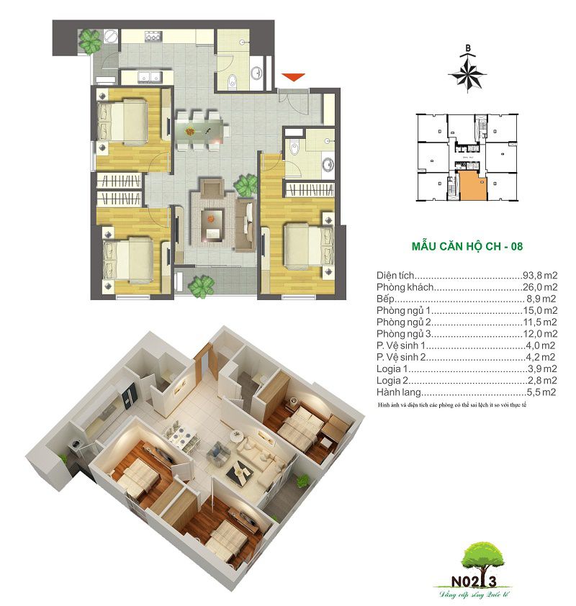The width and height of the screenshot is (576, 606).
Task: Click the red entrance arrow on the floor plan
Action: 294,77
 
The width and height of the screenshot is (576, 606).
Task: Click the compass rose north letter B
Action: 468,48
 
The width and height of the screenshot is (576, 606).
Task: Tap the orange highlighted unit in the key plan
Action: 472,186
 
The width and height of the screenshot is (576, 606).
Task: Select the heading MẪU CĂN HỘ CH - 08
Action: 467,246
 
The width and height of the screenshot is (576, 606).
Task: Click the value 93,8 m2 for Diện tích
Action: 540,276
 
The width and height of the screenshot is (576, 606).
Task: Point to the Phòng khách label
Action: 405,287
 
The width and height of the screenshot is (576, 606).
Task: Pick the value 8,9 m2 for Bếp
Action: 541,299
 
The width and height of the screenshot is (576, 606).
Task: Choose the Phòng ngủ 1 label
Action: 403,311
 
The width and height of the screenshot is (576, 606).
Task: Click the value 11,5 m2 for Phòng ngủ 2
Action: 540,322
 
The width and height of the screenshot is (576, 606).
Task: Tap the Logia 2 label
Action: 392,381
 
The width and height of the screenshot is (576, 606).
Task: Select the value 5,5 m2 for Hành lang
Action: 541,392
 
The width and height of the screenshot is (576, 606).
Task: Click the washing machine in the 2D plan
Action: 109,37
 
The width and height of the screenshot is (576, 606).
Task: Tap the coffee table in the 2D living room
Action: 211,224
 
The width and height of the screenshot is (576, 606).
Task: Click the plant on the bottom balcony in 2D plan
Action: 202,286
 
